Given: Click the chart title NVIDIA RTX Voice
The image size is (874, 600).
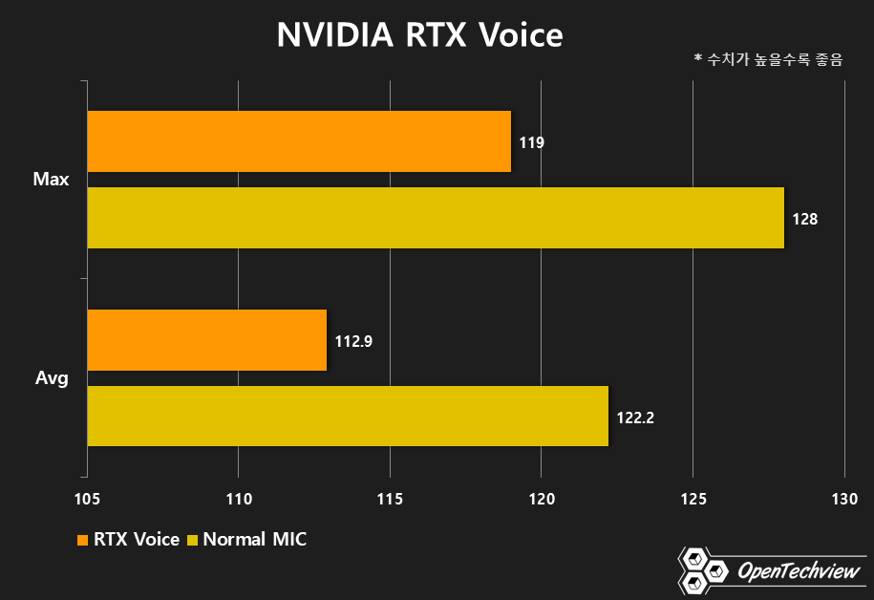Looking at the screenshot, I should [x=420, y=35].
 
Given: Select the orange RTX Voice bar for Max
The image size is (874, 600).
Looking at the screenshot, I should [x=299, y=141].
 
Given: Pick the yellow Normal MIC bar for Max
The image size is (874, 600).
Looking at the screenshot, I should [x=436, y=218].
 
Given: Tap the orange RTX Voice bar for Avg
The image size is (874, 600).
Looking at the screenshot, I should [x=207, y=340].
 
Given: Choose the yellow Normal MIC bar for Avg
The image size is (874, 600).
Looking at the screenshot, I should [x=348, y=417].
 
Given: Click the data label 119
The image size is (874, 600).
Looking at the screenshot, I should [x=532, y=142].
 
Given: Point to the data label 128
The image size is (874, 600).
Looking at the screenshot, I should [x=805, y=219].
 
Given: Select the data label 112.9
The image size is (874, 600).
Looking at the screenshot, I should [x=352, y=341].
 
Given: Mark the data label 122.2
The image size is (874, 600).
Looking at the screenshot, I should [x=635, y=418].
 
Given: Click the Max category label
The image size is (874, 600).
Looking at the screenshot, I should [x=51, y=180].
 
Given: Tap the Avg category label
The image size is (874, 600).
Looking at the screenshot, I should [x=52, y=378].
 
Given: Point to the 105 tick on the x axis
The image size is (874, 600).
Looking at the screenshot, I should [x=87, y=498].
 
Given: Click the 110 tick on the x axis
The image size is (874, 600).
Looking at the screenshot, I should [x=238, y=498].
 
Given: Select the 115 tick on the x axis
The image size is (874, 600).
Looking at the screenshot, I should [x=390, y=498].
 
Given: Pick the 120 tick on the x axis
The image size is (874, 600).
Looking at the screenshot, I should [x=542, y=498].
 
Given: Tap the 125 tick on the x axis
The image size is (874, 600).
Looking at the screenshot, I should [x=693, y=498].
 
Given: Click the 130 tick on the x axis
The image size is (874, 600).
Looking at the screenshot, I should [x=844, y=498].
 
